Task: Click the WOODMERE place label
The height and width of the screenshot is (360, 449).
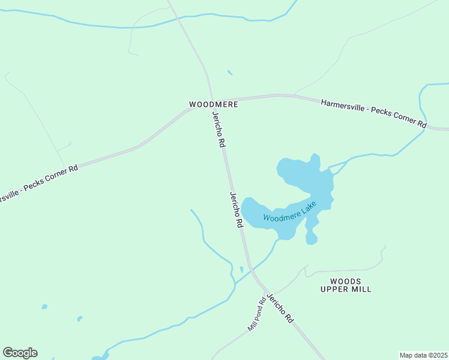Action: click(214, 104)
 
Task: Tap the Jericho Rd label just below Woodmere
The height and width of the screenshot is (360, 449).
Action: click(218, 130)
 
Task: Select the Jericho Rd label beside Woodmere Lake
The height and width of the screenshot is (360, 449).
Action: click(235, 209)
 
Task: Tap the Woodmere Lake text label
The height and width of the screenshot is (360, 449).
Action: click(289, 212)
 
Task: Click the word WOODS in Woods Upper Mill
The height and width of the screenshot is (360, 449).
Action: click(346, 281)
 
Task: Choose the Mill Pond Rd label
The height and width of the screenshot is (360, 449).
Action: click(257, 316)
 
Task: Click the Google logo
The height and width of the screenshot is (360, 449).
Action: click(20, 353)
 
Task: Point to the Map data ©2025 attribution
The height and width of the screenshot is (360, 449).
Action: click(423, 355)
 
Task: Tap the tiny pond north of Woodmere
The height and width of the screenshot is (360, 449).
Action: click(229, 73)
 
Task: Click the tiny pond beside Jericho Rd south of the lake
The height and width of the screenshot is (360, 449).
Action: click(241, 269)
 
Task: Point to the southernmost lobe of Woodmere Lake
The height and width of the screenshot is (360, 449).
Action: click(311, 238)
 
